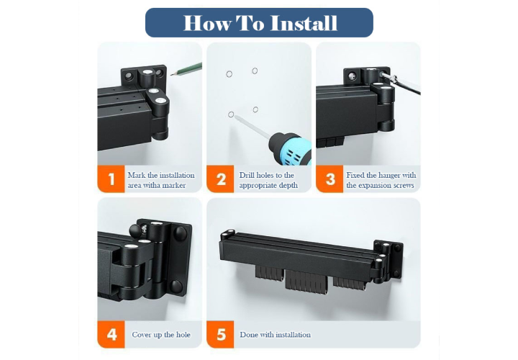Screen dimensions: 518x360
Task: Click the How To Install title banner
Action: pos(259,22)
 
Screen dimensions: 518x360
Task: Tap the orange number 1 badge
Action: pos(111,179)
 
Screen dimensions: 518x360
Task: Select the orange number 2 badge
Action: pos(220,179)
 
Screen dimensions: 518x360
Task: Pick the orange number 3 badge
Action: pos(330,179)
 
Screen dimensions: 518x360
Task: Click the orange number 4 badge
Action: pos(111,334)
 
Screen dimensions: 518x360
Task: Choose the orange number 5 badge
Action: pos(220,334)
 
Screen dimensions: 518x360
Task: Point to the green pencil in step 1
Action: pos(186,69)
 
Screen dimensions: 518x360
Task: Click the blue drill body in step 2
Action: pos(291,148)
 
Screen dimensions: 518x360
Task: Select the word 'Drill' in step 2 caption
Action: pos(247,175)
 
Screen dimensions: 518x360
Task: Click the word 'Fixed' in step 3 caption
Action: pos(355,175)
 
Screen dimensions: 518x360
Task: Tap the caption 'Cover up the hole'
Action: pos(161,335)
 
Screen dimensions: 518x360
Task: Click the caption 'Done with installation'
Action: pos(275,335)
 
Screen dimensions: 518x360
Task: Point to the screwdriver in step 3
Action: pos(401,83)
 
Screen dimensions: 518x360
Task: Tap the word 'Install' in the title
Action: pos(304,23)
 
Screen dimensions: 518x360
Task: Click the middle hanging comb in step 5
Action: pos(306,281)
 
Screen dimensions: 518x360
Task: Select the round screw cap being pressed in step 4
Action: pos(135,229)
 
